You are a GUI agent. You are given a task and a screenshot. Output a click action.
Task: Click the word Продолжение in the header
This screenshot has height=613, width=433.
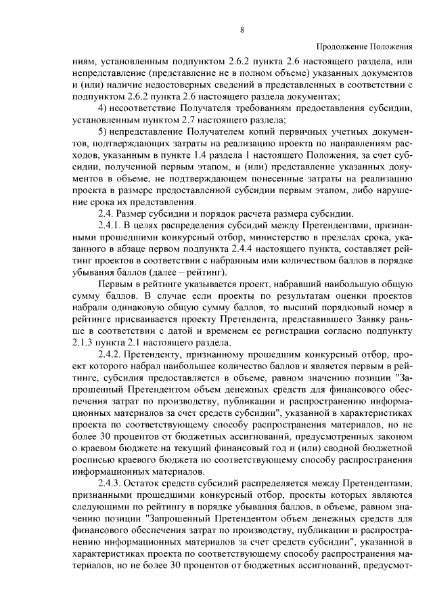[x=342, y=47]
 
